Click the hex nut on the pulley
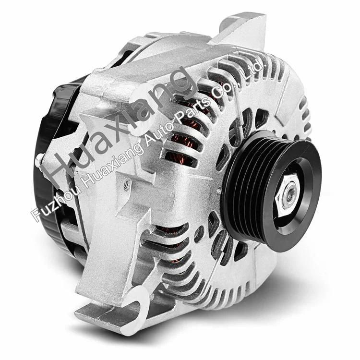click(x=288, y=194)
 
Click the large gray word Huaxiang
click(x=120, y=127)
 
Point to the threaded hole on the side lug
click(x=126, y=183)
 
